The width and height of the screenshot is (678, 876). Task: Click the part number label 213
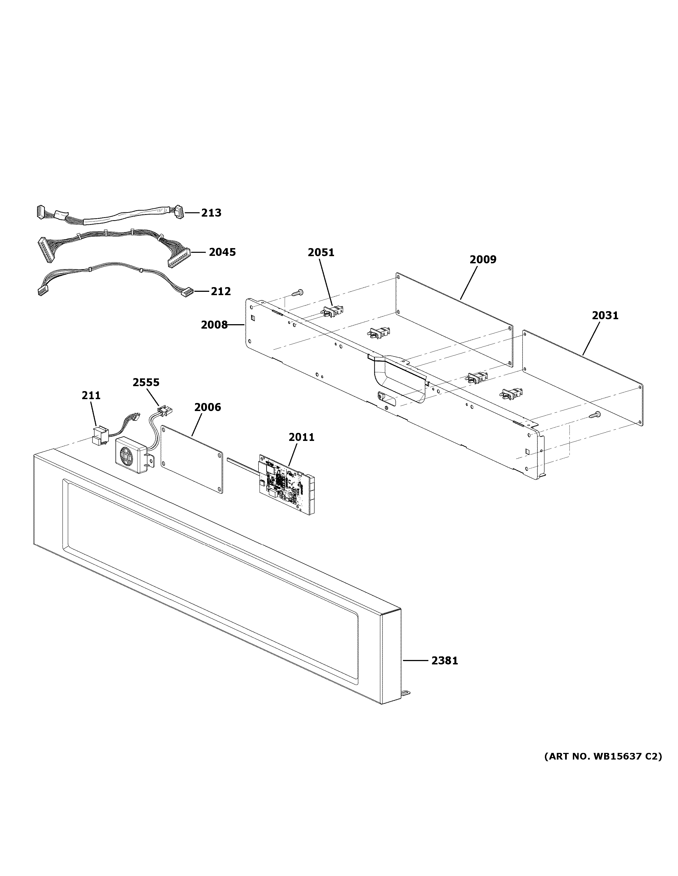[x=211, y=213]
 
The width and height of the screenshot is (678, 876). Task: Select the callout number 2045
[x=222, y=252]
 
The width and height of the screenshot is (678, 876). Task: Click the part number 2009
[x=483, y=259]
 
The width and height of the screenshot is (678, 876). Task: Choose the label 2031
[x=605, y=316]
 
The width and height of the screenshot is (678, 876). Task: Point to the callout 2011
[x=301, y=437]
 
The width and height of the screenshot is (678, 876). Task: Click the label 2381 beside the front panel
[x=444, y=660]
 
